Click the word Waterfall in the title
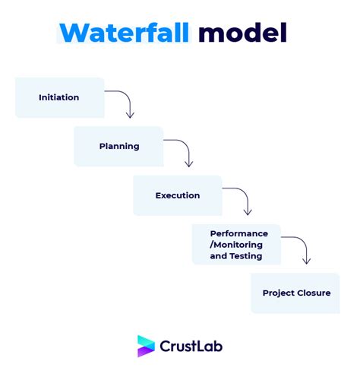click(x=125, y=33)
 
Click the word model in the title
click(x=243, y=32)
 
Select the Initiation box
click(x=60, y=97)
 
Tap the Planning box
click(x=118, y=147)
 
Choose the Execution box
click(x=178, y=195)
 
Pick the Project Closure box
click(x=295, y=293)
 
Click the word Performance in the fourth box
click(x=239, y=233)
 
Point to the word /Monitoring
click(x=236, y=245)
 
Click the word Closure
click(x=314, y=293)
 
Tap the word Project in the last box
click(x=279, y=293)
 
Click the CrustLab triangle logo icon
click(x=146, y=346)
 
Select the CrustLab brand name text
click(x=191, y=346)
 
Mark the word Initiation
click(x=59, y=97)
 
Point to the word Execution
click(x=178, y=195)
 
